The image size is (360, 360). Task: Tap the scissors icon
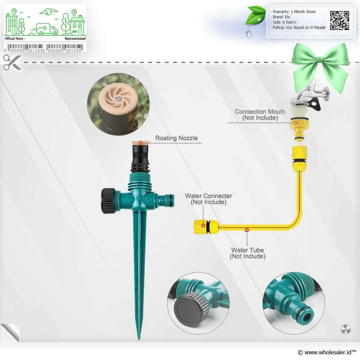tap(12, 62)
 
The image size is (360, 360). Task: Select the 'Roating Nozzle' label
tap(176, 138)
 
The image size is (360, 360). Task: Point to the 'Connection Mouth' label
tap(260, 115)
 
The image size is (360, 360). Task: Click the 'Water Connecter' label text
tap(208, 199)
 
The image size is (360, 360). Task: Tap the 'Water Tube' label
tap(247, 253)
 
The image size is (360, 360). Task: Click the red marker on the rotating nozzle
tap(140, 142)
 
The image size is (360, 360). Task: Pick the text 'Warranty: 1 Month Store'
tap(295, 12)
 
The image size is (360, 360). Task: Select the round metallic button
tap(346, 329)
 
